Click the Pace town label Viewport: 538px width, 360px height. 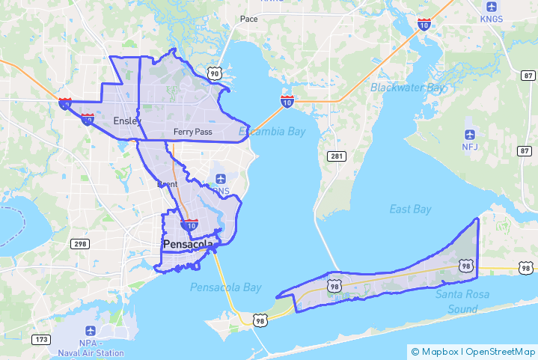click(248, 19)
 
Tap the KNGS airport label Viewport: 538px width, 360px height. click(492, 19)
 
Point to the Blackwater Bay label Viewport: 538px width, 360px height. click(407, 88)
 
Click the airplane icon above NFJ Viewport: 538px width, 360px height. click(470, 134)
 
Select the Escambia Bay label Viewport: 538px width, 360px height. click(272, 132)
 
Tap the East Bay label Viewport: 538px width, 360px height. click(411, 209)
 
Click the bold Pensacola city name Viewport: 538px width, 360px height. click(188, 245)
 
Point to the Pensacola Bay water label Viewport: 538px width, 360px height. click(225, 287)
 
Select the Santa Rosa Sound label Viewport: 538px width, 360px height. click(462, 301)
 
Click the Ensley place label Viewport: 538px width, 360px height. click(127, 120)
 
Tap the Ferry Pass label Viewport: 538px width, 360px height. click(192, 132)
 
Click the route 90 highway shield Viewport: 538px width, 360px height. click(215, 73)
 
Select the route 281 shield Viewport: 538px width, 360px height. click(335, 155)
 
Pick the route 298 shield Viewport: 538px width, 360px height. click(79, 244)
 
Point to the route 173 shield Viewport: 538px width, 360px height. click(41, 341)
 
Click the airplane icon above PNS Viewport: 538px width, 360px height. click(220, 178)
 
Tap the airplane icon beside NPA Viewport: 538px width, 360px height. click(91, 330)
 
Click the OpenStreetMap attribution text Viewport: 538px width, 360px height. click(499, 351)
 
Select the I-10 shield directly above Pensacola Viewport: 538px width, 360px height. click(190, 225)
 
